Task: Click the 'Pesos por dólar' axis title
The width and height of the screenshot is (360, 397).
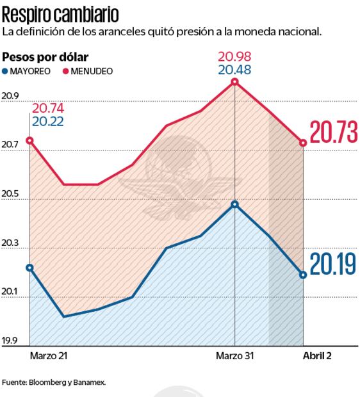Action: pos(46,57)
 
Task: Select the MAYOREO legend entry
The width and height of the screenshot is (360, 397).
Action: pos(29,71)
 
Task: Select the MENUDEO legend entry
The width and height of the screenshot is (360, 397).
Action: pos(88,71)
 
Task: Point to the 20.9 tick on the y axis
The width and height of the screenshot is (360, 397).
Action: pos(11,97)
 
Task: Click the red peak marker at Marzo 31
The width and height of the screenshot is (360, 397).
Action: pos(235,82)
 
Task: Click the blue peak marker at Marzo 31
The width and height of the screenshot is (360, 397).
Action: pos(235,204)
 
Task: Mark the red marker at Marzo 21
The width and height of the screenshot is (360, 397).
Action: pos(30,140)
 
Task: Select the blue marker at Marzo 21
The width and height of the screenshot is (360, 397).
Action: pos(30,267)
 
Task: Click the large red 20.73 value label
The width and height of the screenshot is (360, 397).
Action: pos(332,133)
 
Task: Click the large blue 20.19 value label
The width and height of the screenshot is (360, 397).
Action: pos(332,264)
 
